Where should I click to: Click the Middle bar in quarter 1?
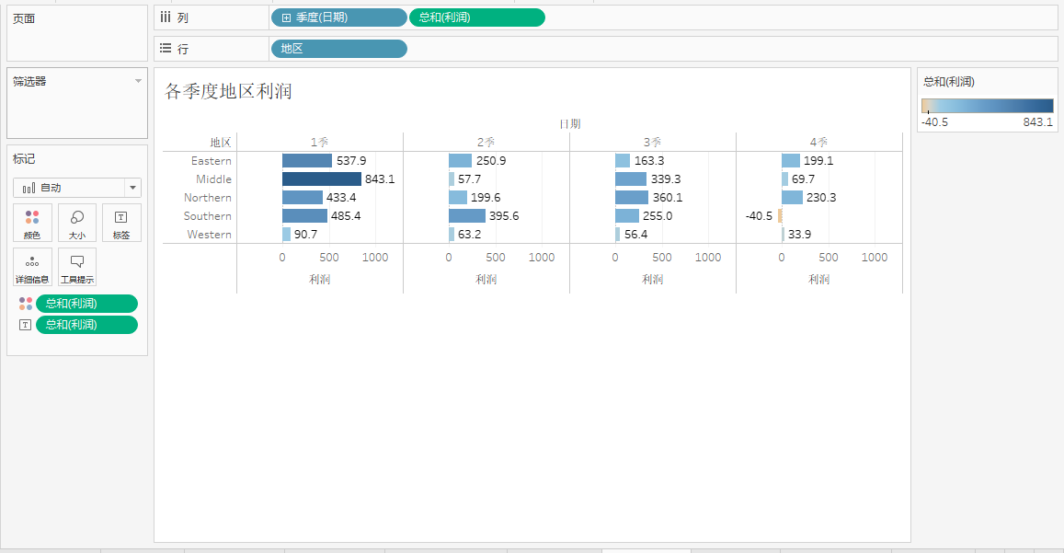pos(322,179)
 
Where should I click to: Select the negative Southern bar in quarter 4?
pos(780,216)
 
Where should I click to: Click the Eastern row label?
pos(212,161)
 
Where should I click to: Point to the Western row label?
pos(210,235)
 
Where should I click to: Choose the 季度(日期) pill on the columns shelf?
pos(338,17)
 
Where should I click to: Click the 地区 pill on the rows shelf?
pos(338,49)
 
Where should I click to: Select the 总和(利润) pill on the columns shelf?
pos(476,17)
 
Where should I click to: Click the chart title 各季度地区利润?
pos(229,91)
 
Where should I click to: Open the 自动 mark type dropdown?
pos(77,188)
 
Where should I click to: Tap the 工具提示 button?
pos(77,267)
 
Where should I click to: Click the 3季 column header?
pos(652,142)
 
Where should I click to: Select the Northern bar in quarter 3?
pos(632,198)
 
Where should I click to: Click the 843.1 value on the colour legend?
pos(1037,122)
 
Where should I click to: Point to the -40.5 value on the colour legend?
pos(935,122)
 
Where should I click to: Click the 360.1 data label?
pos(667,198)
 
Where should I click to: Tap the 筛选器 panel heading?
pos(29,81)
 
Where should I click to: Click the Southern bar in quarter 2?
pos(467,216)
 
